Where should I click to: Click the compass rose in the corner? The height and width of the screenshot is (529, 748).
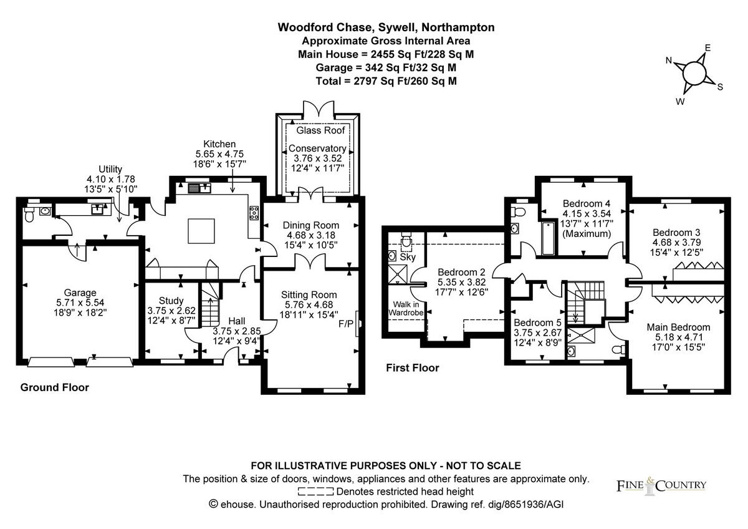[693, 74]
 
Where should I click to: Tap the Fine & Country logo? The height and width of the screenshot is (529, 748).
[661, 485]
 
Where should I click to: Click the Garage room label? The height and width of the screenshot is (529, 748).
[80, 293]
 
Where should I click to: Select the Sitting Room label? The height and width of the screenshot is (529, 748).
[309, 294]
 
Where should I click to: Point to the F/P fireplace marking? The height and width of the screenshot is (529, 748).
[345, 324]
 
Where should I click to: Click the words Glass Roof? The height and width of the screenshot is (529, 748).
[320, 130]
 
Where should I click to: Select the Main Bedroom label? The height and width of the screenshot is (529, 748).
[678, 327]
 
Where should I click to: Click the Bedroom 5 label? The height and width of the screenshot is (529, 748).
[537, 323]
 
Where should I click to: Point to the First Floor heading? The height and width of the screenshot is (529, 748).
[412, 368]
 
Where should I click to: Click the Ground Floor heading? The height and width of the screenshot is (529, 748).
[55, 387]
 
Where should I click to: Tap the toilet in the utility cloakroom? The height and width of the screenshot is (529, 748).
[29, 214]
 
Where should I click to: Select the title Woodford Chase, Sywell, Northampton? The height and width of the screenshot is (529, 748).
[386, 27]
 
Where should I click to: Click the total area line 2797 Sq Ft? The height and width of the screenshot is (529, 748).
[386, 80]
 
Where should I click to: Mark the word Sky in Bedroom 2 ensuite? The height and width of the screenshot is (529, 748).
[408, 257]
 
